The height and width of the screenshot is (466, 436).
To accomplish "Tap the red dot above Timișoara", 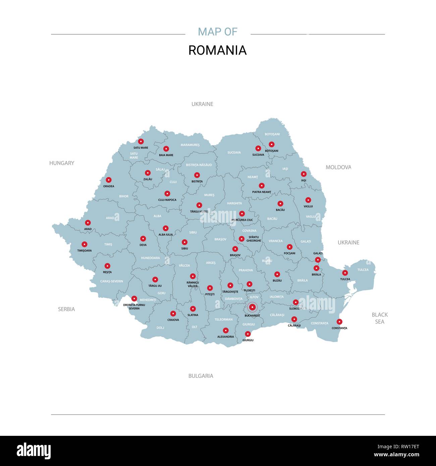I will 85,244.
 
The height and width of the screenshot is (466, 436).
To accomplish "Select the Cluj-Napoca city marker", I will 167,193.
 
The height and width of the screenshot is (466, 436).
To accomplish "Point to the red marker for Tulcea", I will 345,273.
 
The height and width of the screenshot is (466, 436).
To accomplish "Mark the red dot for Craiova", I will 173,313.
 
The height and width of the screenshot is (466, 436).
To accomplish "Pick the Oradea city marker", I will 108,180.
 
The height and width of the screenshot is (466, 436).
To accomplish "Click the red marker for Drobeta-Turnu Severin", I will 134,298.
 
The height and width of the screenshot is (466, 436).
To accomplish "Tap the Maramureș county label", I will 190,145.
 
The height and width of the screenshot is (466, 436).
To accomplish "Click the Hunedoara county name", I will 150,258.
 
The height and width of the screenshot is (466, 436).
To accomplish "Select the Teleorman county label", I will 223,319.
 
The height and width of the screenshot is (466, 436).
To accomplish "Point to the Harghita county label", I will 234,203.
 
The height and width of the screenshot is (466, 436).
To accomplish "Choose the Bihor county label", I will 124,196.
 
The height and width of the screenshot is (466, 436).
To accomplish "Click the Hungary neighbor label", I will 62,163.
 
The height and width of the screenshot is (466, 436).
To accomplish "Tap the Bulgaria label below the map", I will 201,376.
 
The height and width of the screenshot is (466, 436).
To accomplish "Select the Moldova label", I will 338,167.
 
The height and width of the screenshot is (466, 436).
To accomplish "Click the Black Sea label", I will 380,318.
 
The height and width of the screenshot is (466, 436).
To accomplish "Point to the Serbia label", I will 66,309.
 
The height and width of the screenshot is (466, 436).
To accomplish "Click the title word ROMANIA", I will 217,50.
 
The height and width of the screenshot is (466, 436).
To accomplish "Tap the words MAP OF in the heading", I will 217,32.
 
